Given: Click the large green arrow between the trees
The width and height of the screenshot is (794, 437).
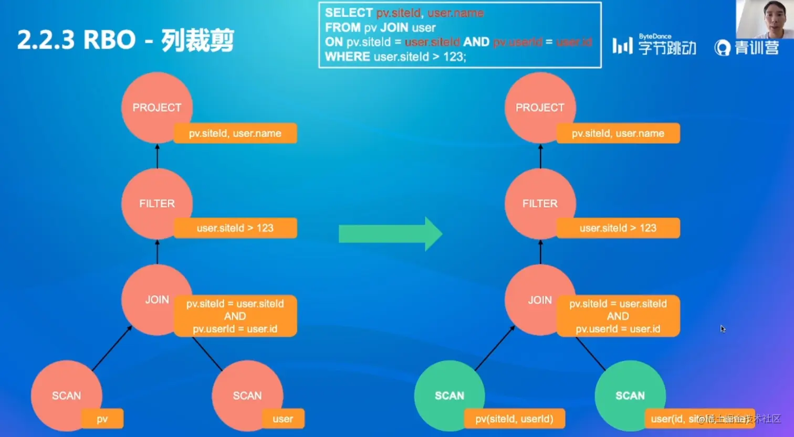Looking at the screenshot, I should pos(390,233).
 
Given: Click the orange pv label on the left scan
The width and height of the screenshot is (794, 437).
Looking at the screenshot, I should pos(102,419).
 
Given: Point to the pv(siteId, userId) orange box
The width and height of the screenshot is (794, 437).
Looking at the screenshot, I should pos(514,419).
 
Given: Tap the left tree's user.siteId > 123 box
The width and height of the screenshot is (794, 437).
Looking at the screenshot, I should pos(235,228).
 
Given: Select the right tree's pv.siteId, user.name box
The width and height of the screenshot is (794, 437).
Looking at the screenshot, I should pos(618,133).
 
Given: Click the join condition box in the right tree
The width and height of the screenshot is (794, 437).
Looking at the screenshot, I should pos(618,316).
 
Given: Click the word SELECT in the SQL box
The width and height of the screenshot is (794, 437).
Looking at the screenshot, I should pos(349,13).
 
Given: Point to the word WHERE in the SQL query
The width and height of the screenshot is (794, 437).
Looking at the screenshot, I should pos(348,57).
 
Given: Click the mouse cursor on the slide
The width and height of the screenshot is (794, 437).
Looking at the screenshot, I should pos(723,328).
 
